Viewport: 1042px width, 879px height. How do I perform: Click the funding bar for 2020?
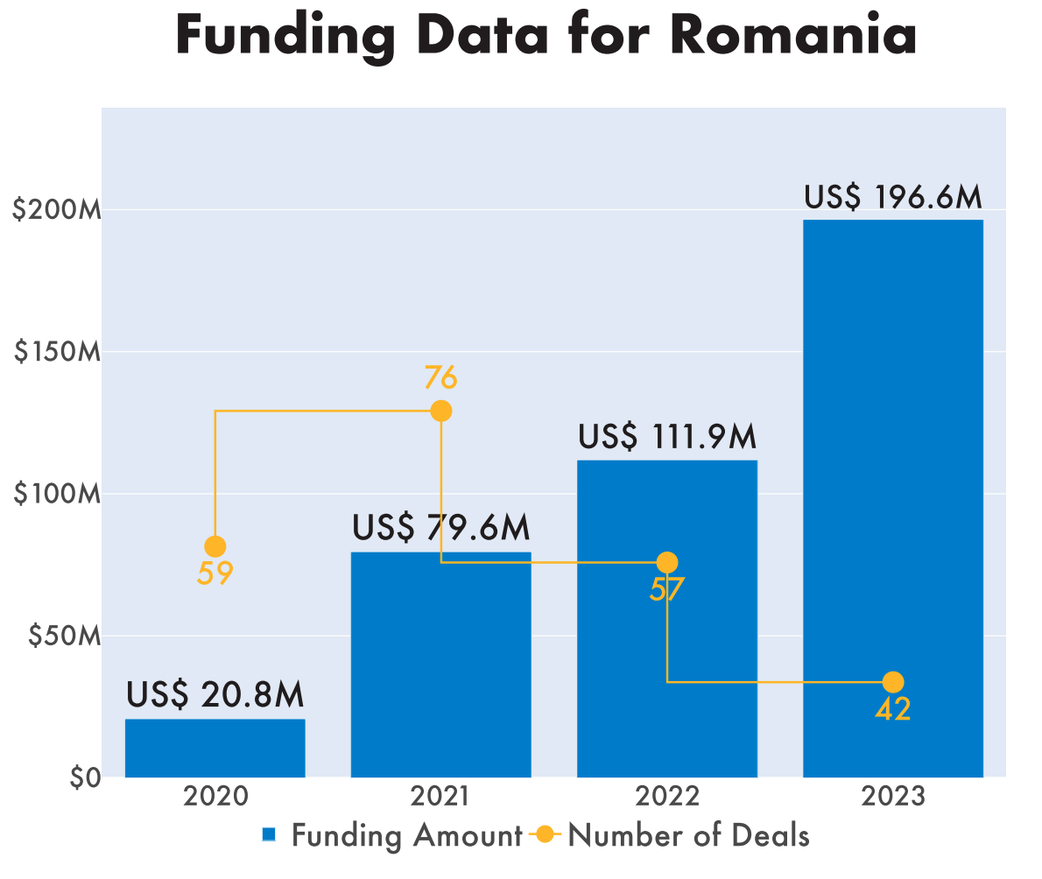215,748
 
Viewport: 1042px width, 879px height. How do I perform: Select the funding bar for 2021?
440,665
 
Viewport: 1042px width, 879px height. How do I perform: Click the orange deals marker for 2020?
215,546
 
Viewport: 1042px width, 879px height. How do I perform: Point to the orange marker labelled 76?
441,411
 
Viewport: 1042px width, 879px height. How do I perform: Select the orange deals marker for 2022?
667,562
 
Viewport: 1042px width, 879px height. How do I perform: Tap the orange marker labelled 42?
893,682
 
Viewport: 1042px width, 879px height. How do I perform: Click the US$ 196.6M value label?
893,198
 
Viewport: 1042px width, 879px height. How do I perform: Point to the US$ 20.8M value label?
215,695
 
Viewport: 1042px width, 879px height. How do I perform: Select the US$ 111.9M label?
667,436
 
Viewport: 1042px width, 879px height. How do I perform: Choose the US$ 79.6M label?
441,528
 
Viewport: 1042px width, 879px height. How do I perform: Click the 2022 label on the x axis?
667,797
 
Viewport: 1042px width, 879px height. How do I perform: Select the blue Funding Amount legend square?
270,835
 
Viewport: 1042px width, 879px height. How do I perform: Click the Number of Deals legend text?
688,835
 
